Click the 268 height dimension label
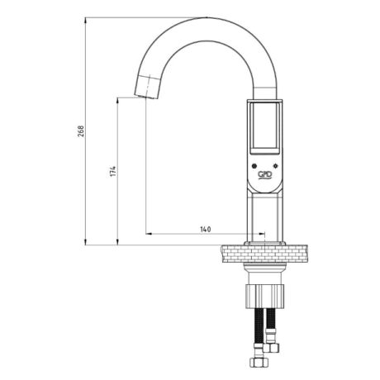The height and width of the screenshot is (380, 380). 81,131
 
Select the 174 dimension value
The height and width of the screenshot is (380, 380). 113,171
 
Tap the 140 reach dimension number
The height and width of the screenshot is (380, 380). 206,229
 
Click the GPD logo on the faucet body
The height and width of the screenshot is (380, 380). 264,174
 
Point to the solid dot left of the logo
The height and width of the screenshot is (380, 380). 254,166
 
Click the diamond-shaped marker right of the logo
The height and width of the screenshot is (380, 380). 275,166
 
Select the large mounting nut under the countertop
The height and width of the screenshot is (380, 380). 264,297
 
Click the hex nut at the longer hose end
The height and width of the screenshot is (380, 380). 259,362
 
